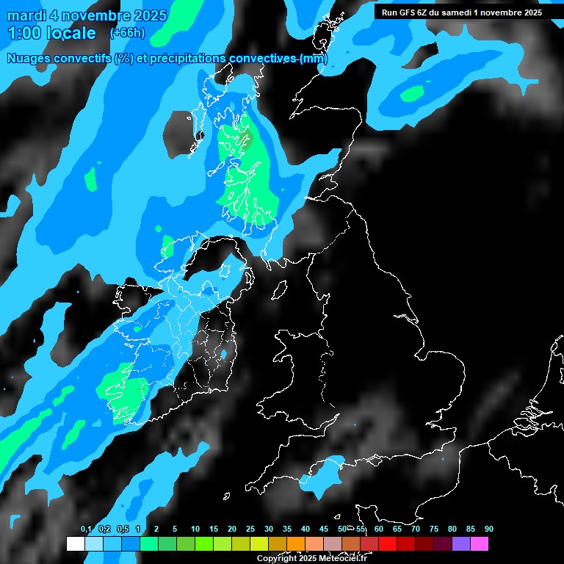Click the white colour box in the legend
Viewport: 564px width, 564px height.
pos(75,543)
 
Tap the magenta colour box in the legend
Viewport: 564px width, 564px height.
pos(480,543)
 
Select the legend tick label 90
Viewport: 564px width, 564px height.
pos(489,529)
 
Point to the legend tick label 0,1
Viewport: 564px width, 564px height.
pos(86,529)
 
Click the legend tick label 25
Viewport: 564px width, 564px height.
pos(250,529)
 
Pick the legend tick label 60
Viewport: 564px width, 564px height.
pos(379,529)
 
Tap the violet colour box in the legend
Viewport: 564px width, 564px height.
pos(461,543)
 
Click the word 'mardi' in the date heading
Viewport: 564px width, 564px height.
pos(27,15)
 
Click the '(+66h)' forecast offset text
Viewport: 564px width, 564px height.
pos(126,33)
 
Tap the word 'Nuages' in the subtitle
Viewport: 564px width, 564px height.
pos(29,59)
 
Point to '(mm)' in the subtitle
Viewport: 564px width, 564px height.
pos(314,59)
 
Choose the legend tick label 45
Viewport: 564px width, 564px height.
pos(324,529)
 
